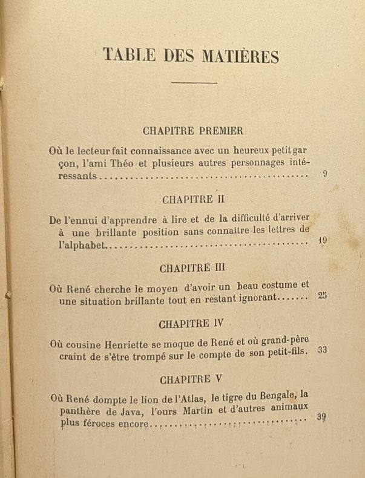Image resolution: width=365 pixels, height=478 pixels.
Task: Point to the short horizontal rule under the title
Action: click(194, 83)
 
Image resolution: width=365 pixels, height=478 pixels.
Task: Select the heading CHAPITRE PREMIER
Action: click(193, 130)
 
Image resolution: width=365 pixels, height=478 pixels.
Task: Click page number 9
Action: click(325, 175)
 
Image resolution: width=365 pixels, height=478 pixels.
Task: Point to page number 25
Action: click(323, 296)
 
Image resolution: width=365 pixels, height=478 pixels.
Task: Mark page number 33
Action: click(322, 350)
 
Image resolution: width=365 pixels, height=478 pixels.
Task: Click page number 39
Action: click(321, 417)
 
